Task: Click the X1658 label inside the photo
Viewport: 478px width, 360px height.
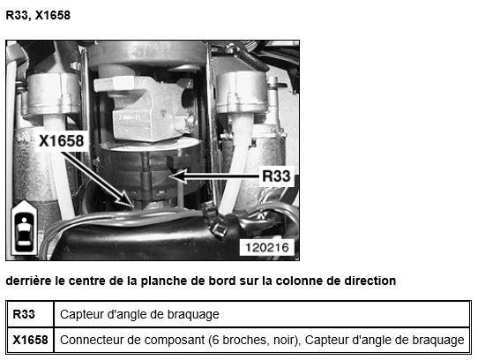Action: coord(61,141)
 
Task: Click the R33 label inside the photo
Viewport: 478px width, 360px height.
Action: coord(276,176)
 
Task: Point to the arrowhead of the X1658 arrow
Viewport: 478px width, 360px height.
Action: coord(126,199)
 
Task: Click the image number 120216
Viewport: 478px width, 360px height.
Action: coord(266,247)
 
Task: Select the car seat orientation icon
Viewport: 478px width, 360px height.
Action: coord(24,228)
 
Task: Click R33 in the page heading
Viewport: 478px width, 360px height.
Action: coord(18,15)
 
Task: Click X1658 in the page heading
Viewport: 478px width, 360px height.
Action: coord(53,15)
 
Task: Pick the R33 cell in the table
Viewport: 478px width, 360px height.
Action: coord(24,314)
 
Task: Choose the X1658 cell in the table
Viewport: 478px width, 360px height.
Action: coord(30,340)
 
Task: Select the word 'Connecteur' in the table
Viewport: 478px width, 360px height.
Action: coord(86,340)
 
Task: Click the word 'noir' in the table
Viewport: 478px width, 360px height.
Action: coord(288,340)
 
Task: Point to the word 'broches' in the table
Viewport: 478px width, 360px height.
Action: coord(247,340)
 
